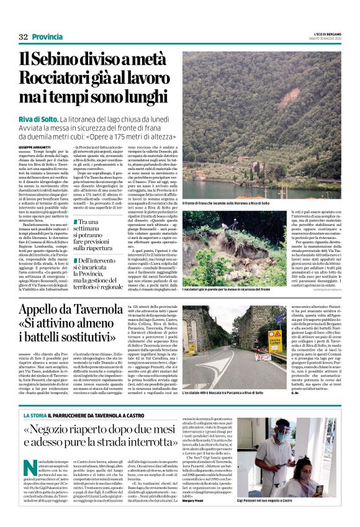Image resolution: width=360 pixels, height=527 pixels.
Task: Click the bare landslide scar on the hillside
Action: point(248,93)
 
